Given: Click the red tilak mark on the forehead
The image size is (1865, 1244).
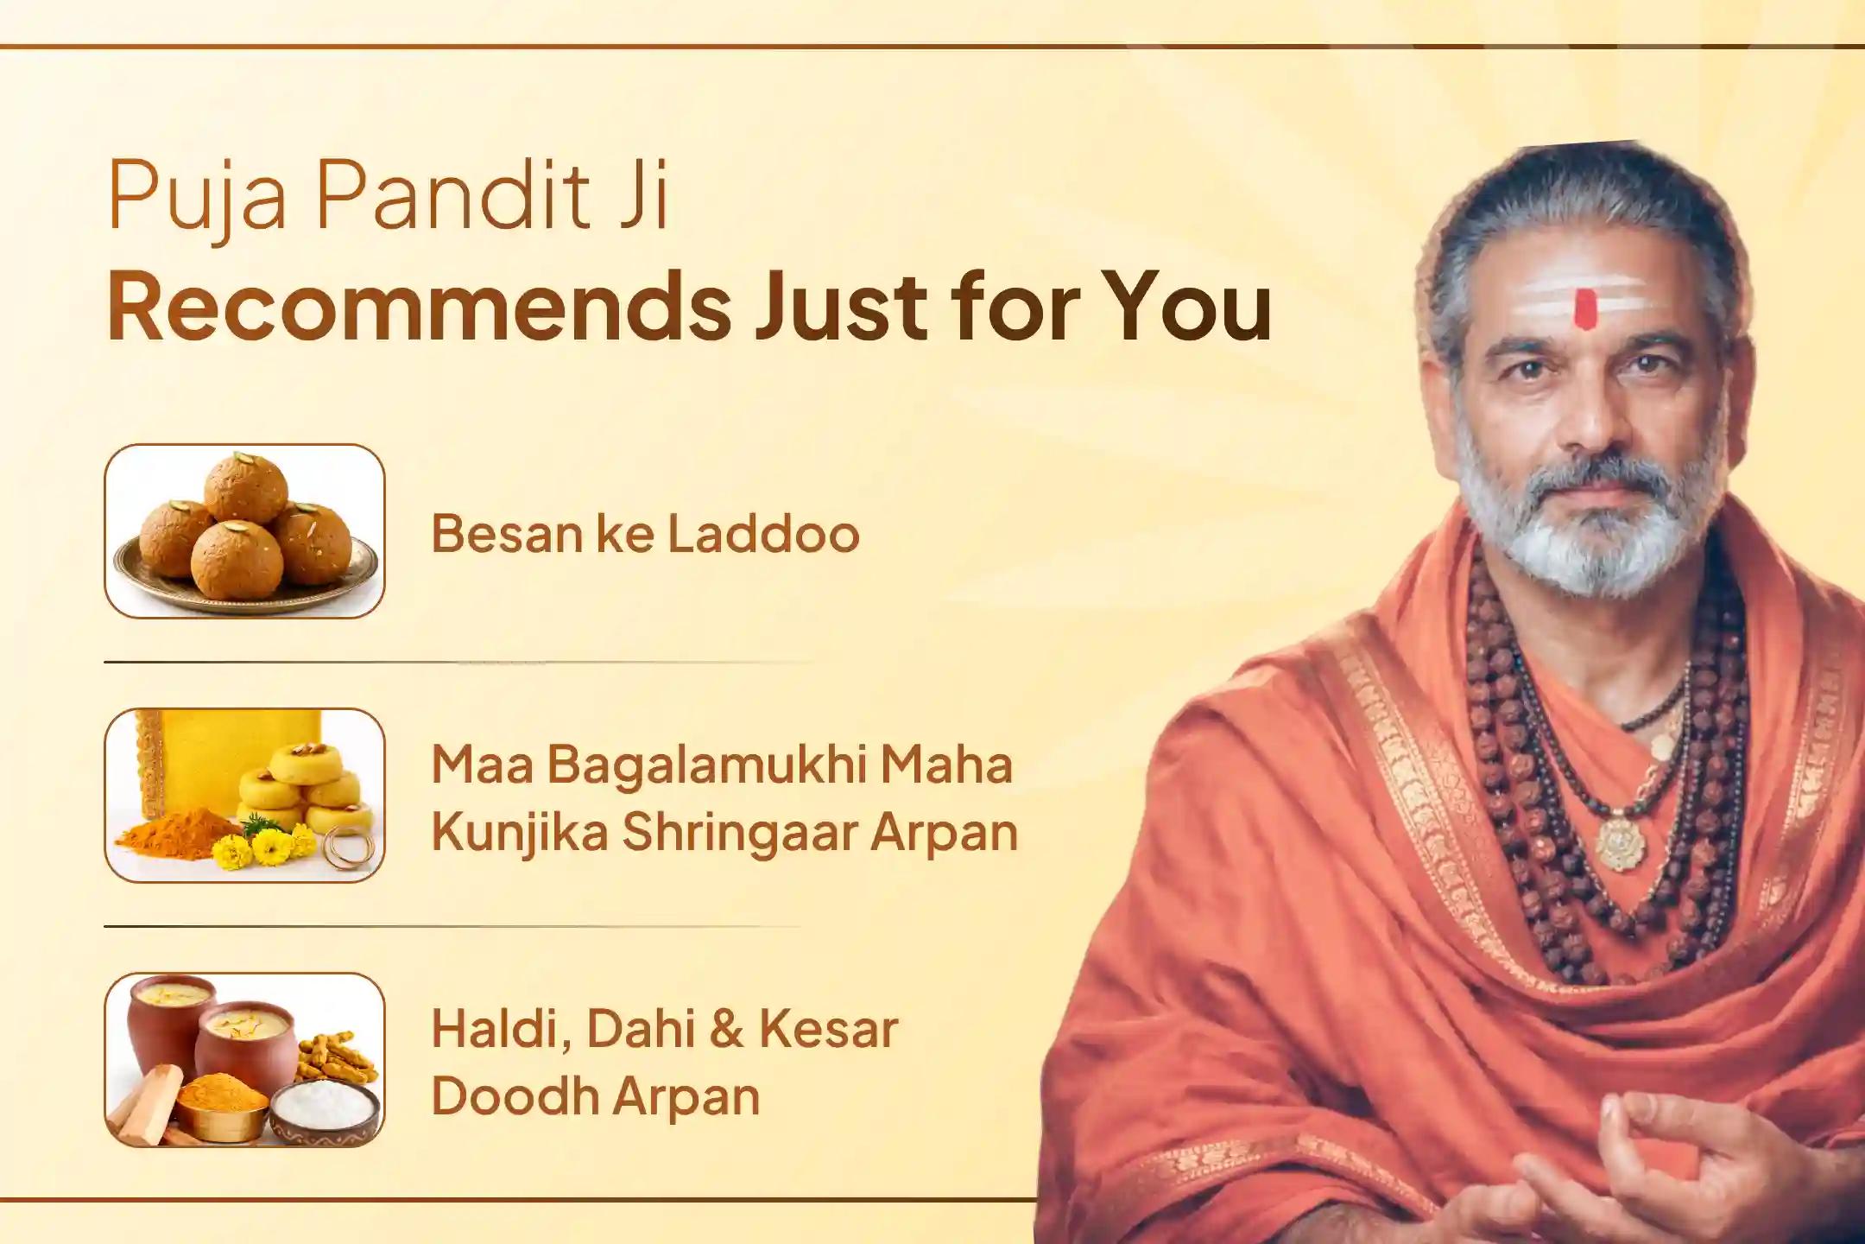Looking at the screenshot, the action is pos(1584,309).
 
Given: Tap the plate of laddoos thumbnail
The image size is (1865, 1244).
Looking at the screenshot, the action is pos(244,530).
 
